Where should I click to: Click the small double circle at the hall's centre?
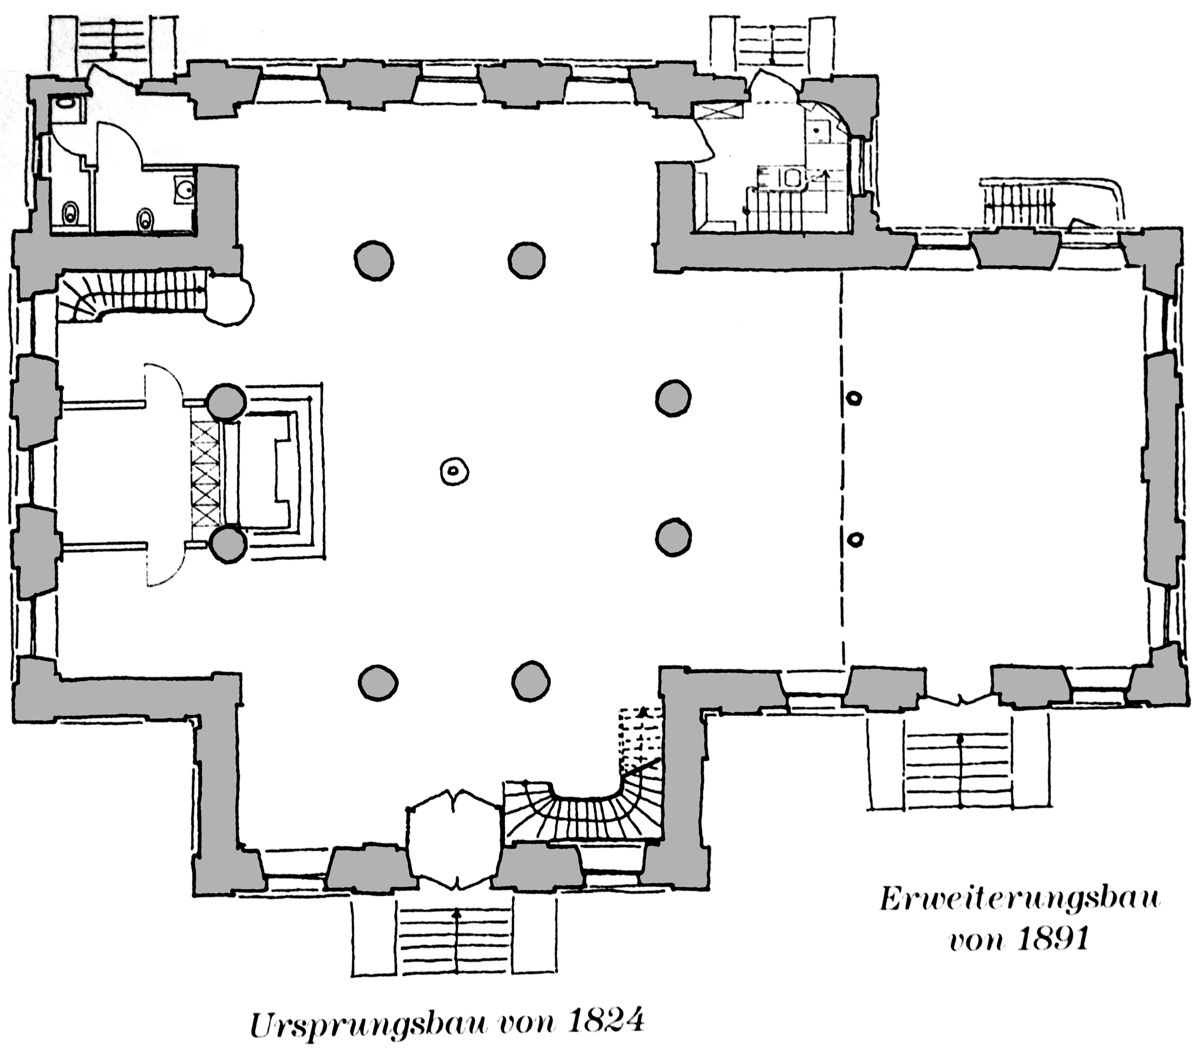454,471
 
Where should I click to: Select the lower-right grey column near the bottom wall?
531,681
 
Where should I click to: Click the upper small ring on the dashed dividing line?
855,398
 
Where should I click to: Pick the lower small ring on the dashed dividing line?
855,538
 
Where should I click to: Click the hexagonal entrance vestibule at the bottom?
454,838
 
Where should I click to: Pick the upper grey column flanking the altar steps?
227,402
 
